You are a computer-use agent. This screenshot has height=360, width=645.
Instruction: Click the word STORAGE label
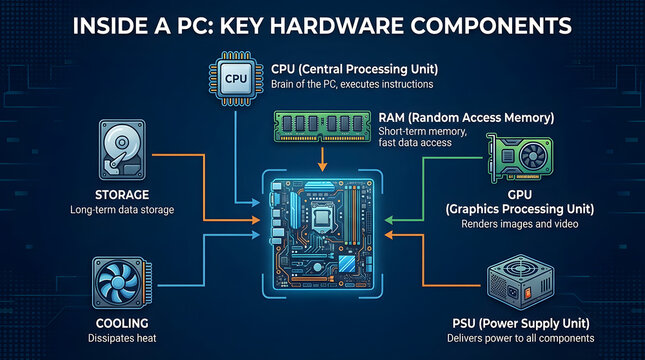click(x=123, y=194)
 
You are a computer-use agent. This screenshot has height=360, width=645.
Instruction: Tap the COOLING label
click(x=124, y=323)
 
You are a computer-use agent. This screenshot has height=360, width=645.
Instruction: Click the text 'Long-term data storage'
click(x=124, y=211)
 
